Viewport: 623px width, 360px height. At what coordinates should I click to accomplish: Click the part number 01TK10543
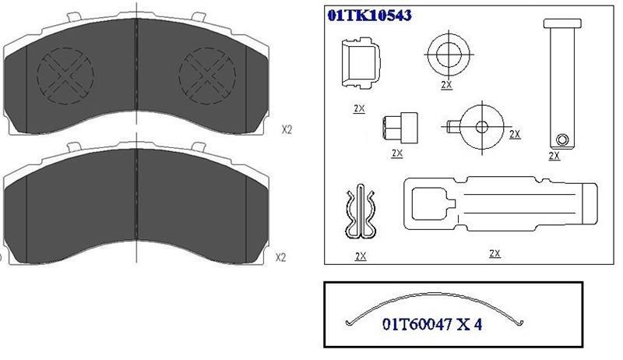coord(369,15)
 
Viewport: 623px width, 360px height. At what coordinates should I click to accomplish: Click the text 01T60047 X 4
coord(432,324)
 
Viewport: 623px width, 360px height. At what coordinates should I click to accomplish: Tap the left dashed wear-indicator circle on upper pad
coord(65,76)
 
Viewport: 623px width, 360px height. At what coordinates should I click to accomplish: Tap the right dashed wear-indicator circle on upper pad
coord(207,76)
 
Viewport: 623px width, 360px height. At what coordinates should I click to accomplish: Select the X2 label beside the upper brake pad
coord(287,129)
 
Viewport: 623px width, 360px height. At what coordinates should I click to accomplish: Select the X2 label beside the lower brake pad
coord(280,257)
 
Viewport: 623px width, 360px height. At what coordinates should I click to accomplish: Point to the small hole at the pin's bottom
coord(562,139)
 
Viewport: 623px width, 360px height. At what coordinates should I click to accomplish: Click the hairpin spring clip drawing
coord(360,212)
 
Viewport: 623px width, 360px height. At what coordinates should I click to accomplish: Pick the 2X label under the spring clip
coord(361,256)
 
